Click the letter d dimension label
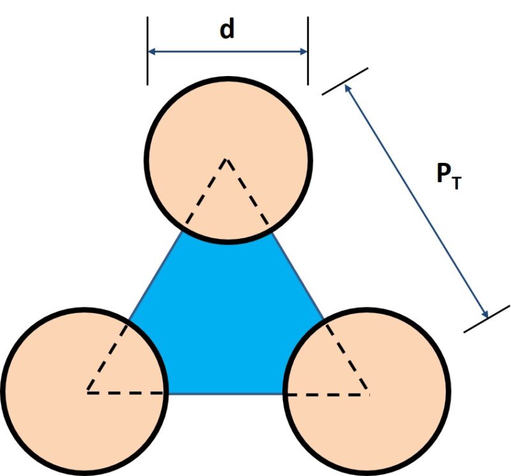[x=227, y=29]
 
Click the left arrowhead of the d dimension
[x=152, y=51]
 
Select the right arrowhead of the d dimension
[x=304, y=51]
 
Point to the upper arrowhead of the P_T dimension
[x=348, y=89]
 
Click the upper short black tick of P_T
[x=345, y=81]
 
